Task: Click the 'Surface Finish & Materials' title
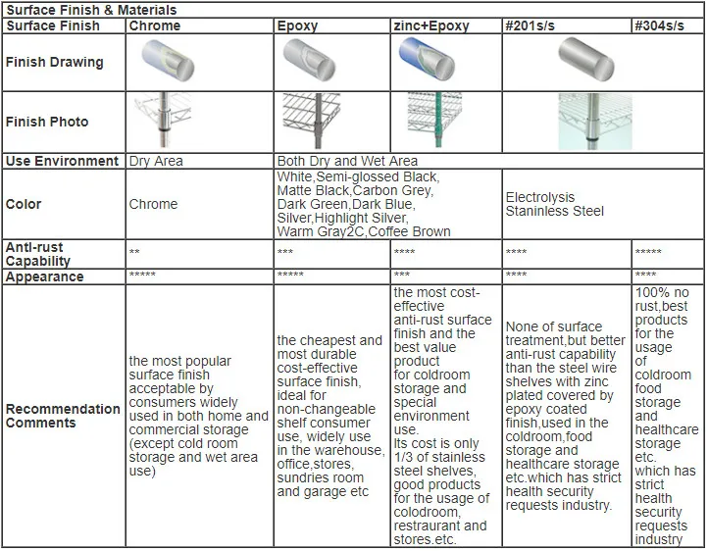78,10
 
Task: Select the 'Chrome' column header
155,25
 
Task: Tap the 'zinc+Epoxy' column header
430,25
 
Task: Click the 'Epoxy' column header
297,25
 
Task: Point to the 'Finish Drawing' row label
54,62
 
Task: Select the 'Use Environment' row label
62,161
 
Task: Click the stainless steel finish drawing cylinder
586,61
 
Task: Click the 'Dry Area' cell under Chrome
156,161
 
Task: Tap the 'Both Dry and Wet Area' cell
347,161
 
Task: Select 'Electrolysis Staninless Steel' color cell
555,204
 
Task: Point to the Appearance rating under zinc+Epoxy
402,275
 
